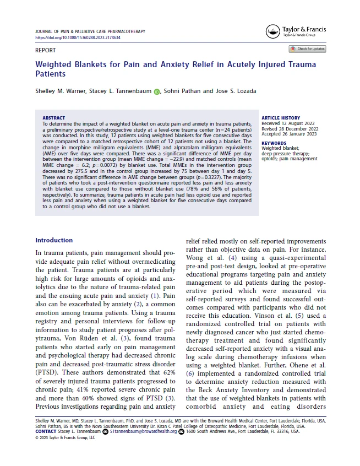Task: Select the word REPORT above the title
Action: coord(45,50)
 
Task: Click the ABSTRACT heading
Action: coord(53,118)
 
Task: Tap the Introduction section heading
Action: coord(54,240)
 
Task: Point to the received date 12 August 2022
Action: coord(297,123)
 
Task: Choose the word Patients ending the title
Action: coord(50,74)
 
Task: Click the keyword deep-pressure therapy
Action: coord(286,154)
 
